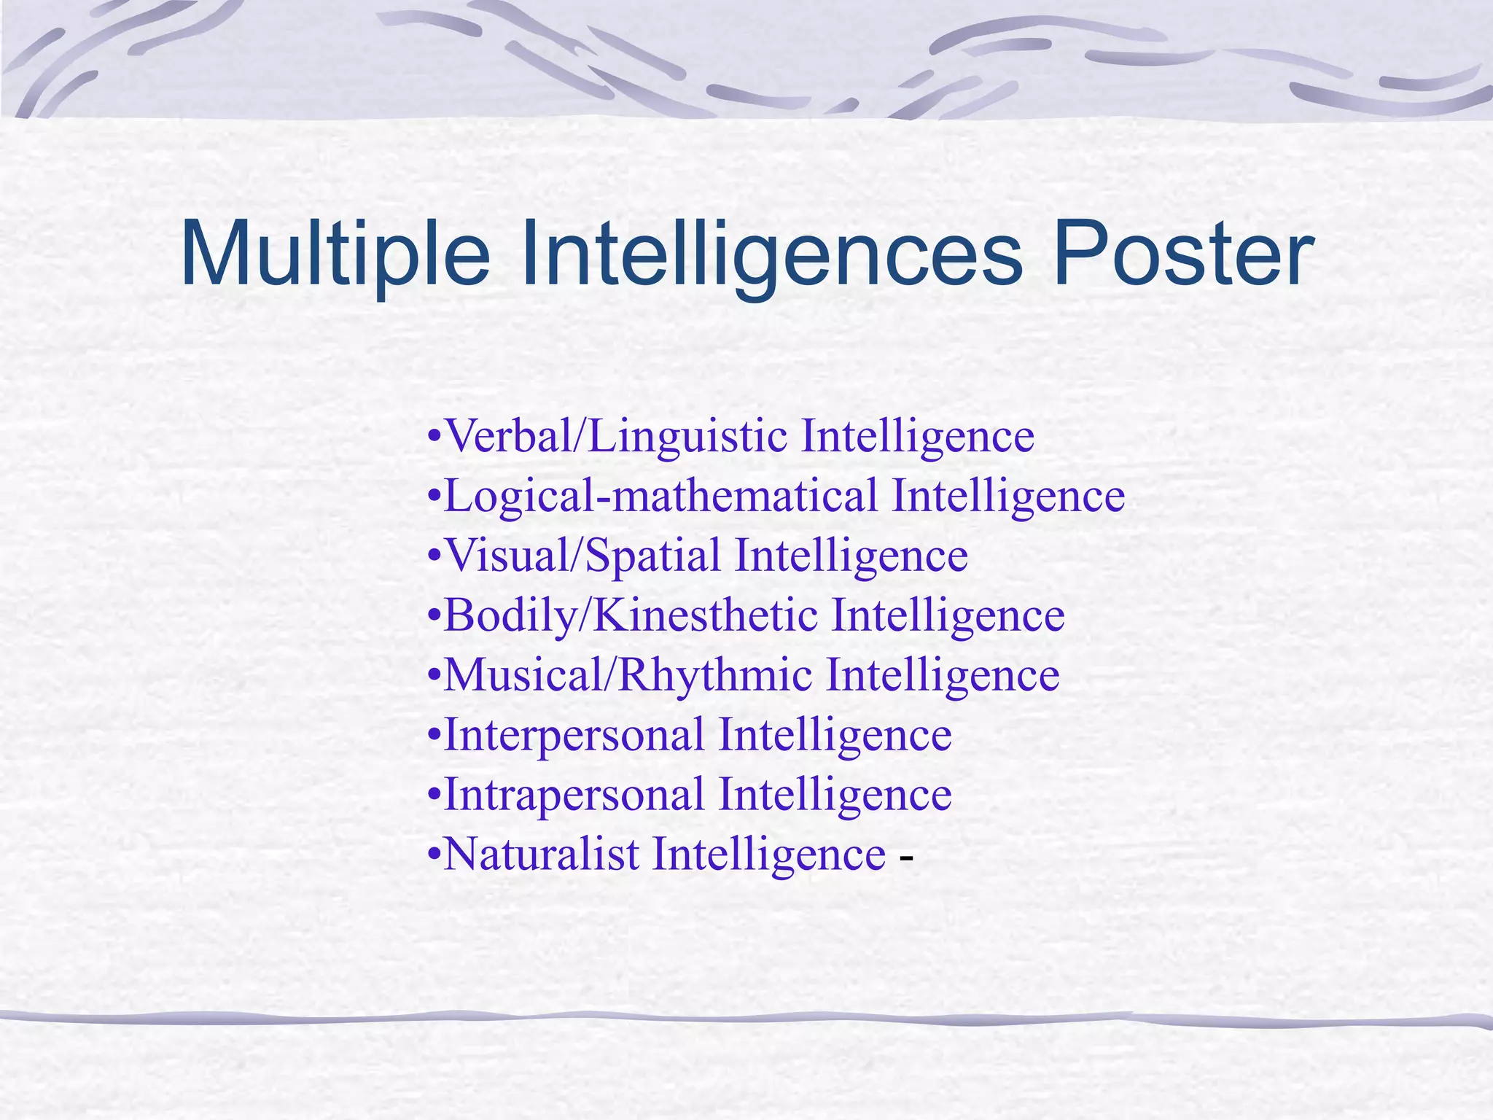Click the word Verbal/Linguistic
point(616,437)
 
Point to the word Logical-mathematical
point(660,497)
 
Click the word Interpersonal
point(574,736)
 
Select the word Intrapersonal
point(574,796)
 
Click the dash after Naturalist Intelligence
point(906,857)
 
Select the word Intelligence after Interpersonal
point(835,736)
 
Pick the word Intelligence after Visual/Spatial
point(851,556)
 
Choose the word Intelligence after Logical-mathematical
point(1009,497)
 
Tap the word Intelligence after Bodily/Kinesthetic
point(948,616)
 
